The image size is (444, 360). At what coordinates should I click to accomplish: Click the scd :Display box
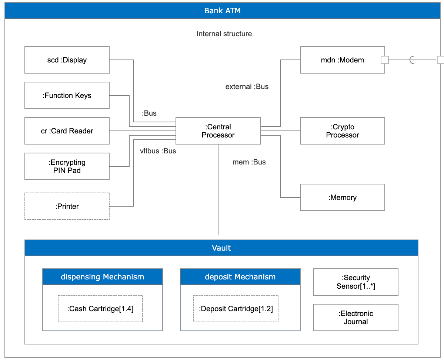(x=67, y=60)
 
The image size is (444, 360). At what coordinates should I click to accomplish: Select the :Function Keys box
(x=67, y=95)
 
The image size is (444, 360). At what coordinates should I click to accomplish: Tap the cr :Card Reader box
(x=67, y=131)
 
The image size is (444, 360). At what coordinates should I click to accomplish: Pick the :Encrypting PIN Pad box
(x=67, y=166)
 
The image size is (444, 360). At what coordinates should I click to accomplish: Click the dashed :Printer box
(x=67, y=206)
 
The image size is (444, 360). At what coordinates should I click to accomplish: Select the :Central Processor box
(x=218, y=131)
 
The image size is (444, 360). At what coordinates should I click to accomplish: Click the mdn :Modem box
(x=342, y=60)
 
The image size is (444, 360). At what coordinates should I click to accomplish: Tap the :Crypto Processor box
(x=342, y=131)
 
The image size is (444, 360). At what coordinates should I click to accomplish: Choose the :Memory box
(x=342, y=197)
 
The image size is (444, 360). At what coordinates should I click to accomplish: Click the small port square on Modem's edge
(x=385, y=60)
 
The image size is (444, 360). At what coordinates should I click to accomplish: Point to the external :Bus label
(x=247, y=87)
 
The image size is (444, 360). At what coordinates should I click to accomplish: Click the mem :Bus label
(x=249, y=162)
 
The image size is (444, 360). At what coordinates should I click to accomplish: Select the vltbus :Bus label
(x=158, y=151)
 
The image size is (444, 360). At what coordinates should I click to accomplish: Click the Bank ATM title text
(x=222, y=11)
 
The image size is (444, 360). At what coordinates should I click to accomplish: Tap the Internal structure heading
(x=224, y=34)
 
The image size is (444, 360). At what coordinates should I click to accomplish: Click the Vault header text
(x=221, y=248)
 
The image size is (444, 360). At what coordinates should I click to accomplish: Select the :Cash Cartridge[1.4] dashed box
(x=100, y=309)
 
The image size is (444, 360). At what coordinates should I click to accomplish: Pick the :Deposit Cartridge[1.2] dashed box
(x=236, y=309)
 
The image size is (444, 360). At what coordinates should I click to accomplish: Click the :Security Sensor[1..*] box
(x=355, y=282)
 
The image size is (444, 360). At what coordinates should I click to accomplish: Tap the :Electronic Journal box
(x=355, y=317)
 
